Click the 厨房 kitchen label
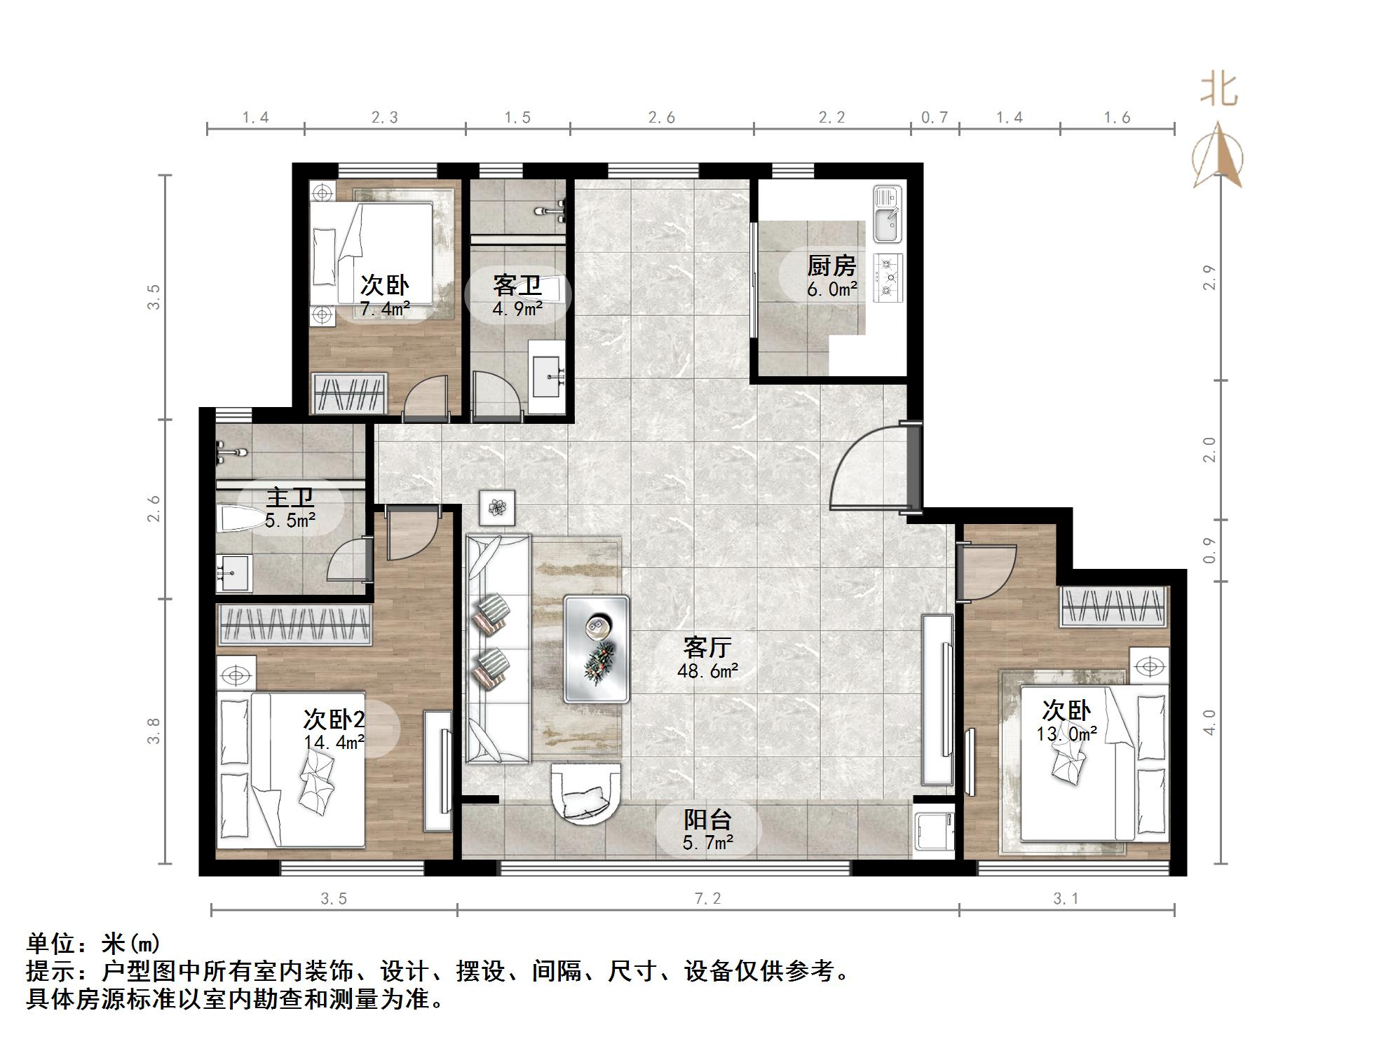point(831,266)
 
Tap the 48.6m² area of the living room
point(707,671)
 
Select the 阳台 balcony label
point(707,819)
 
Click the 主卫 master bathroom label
point(290,497)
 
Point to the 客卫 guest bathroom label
point(517,285)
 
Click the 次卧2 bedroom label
point(334,719)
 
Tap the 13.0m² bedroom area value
point(1066,734)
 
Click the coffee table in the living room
point(597,649)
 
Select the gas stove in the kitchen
point(888,277)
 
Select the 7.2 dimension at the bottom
point(707,898)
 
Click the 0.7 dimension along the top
point(934,118)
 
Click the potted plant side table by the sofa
point(498,507)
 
